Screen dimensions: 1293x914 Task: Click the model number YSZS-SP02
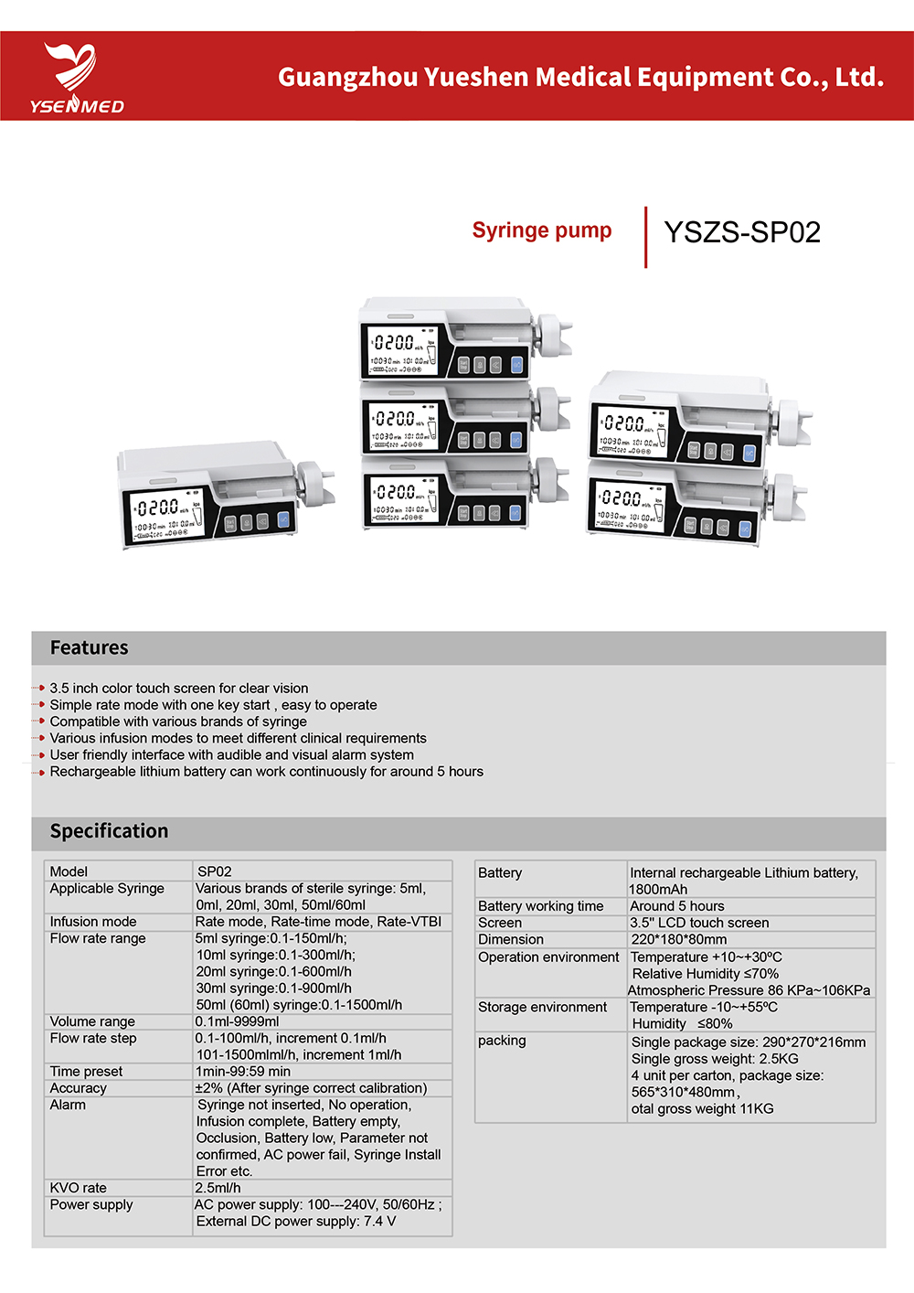741,232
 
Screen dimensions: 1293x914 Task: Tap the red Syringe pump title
541,230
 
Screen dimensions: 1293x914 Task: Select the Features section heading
89,647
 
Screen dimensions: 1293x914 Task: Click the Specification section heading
109,830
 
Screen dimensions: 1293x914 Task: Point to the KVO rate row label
78,1188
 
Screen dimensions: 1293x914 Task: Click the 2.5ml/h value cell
218,1188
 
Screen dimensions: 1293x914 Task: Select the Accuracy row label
78,1088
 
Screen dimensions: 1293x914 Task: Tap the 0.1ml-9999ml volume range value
237,1021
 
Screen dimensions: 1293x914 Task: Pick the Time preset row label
86,1072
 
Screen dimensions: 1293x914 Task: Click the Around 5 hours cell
676,906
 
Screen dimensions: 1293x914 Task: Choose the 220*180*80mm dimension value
678,939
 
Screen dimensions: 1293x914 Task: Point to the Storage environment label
542,1007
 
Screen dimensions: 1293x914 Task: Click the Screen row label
500,923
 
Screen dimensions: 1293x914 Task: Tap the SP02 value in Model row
214,871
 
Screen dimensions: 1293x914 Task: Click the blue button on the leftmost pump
283,521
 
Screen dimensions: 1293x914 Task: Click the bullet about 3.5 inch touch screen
178,688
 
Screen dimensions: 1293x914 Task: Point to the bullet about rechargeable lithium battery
266,772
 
